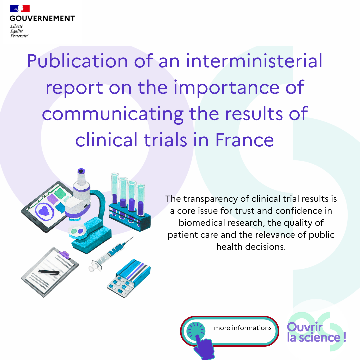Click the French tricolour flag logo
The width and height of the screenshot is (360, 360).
click(20, 9)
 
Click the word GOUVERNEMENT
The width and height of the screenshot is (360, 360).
click(42, 18)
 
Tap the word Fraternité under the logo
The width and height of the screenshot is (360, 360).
click(19, 36)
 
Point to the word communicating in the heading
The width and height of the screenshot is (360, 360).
click(113, 113)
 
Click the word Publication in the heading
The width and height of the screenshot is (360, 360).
click(77, 61)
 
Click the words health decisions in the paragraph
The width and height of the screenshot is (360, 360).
click(251, 247)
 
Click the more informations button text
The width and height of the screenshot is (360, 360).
click(243, 328)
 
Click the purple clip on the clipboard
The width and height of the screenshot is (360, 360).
click(64, 255)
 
